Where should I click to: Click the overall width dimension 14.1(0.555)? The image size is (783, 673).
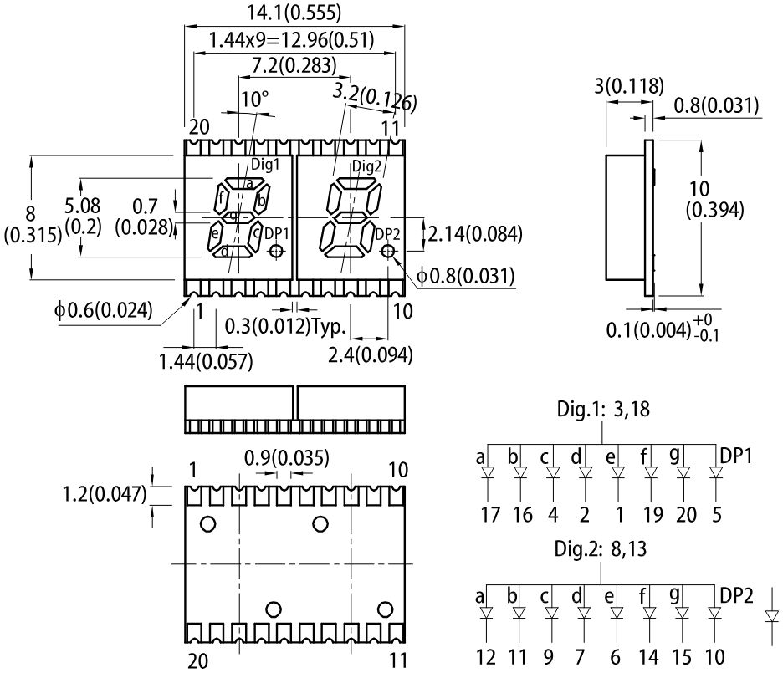pos(294,13)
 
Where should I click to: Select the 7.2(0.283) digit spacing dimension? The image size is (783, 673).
pos(294,65)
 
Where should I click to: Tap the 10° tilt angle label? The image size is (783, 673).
pos(255,99)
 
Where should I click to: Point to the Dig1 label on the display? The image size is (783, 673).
pos(264,164)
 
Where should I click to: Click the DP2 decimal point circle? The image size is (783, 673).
pos(387,252)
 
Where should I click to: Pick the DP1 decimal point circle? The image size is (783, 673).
pos(276,252)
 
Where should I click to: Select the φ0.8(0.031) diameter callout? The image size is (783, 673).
pos(465,276)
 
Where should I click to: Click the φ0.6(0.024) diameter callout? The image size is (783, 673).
pos(104,310)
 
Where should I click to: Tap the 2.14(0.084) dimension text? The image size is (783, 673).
pos(475,234)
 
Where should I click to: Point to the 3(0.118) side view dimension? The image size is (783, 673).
pos(629,86)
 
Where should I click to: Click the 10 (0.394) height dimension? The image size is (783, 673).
pos(714,200)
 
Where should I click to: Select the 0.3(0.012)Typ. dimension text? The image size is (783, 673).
pos(285,326)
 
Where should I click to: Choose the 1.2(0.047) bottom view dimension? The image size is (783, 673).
pos(105,494)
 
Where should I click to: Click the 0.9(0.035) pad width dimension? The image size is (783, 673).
pos(287,457)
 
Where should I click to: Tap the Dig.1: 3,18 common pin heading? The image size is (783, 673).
pos(603,409)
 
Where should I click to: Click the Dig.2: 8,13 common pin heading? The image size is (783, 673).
pos(601,548)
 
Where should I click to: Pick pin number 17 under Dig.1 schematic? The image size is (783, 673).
pos(490,514)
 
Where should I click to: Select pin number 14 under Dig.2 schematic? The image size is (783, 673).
pos(648,657)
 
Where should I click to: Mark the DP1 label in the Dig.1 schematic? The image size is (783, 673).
pos(736,456)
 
